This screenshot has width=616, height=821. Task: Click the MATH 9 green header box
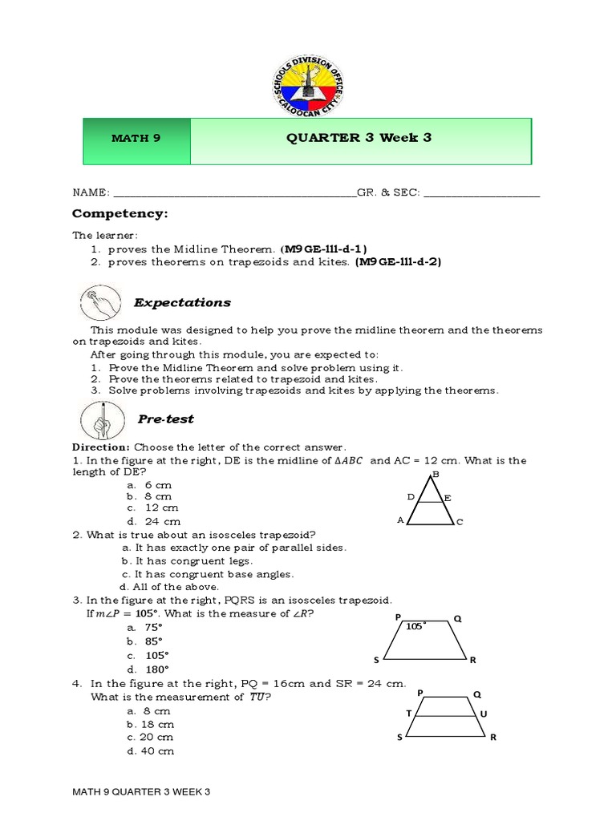coord(136,138)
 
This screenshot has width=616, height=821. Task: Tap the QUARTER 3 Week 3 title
coord(359,137)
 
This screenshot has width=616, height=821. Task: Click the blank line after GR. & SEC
coord(481,194)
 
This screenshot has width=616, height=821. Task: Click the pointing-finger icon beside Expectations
coord(100,303)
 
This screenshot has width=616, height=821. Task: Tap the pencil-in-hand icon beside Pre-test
coord(100,419)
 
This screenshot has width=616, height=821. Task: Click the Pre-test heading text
coord(165,419)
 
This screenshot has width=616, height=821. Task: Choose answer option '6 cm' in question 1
coord(158,485)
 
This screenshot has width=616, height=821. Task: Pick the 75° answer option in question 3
coord(153,629)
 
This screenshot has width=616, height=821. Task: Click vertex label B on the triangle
coord(436,475)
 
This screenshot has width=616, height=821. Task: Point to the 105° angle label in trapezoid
coord(415,626)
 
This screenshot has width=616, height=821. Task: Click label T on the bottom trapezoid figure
coord(408,712)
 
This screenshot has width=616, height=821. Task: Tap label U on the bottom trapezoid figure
coord(483,713)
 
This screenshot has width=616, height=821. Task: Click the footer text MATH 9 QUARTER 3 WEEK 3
coord(141,792)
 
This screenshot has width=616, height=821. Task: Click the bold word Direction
coord(100,447)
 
